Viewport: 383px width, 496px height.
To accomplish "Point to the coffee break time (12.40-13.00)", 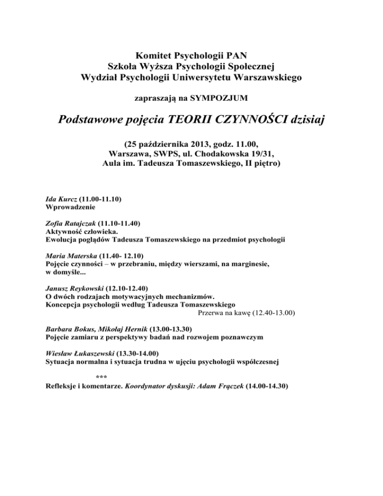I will pos(273,313).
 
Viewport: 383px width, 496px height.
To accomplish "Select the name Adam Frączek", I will pos(218,386).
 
